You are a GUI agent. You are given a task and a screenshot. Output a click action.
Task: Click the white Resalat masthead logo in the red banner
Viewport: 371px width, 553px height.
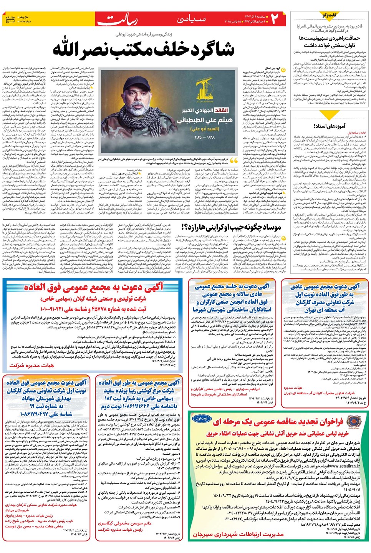pos(117,20)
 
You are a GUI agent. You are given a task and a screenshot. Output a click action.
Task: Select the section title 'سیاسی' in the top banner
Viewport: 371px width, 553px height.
pos(191,19)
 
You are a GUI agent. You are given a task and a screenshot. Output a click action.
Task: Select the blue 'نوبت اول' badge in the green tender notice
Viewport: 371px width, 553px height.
pos(201,418)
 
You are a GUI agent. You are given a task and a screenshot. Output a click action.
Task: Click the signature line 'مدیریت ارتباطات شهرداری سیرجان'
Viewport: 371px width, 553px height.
pos(238,534)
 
